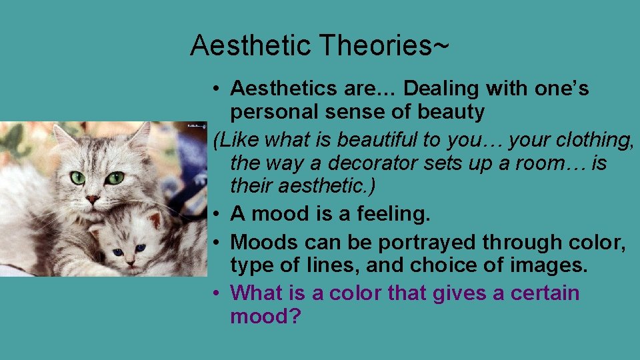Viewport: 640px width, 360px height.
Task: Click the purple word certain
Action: click(543, 293)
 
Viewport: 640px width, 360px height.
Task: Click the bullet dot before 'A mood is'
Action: click(218, 215)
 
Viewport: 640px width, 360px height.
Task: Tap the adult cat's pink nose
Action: click(93, 199)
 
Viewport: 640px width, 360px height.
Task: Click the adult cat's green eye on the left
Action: click(78, 177)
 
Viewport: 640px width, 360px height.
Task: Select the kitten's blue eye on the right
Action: click(141, 249)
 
